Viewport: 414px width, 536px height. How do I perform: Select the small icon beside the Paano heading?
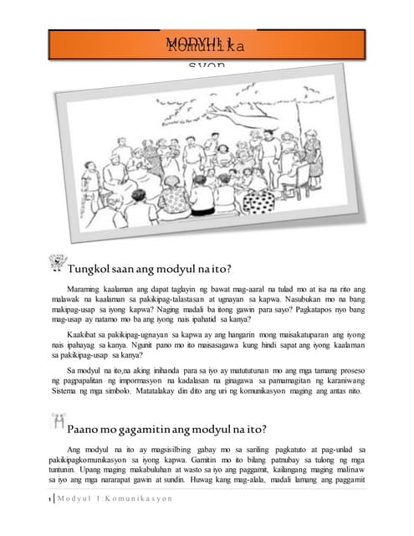coord(59,424)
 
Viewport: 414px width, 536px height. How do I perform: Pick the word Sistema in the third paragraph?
coord(60,390)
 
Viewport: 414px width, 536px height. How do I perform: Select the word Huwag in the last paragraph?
coord(220,482)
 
